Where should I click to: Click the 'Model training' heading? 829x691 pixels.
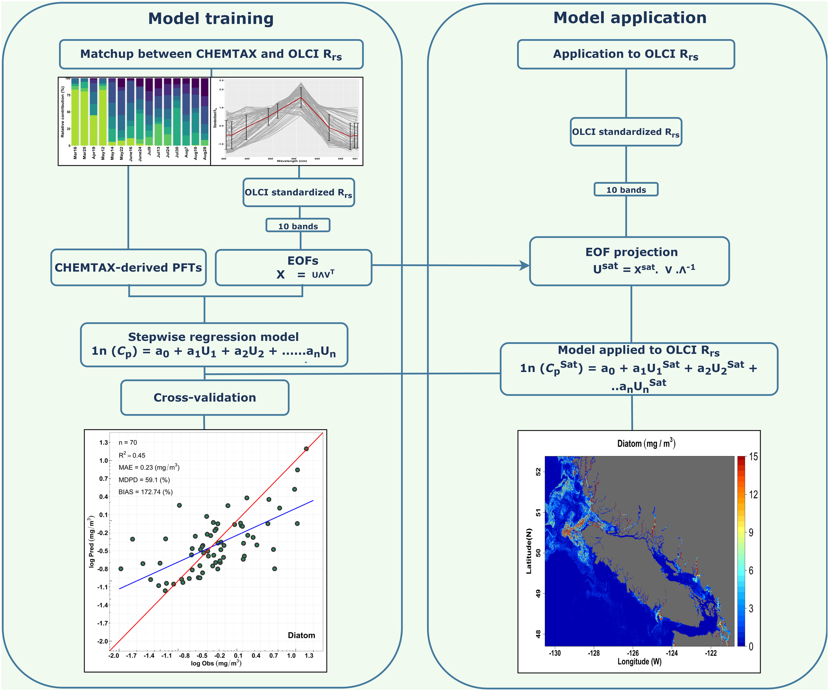coord(211,19)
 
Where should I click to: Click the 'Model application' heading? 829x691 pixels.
coord(630,18)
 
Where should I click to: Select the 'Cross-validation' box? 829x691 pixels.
coord(205,398)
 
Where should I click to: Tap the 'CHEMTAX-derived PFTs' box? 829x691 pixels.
coord(128,268)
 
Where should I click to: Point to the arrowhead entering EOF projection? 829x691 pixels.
coord(525,266)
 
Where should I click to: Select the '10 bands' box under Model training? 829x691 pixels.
coord(298,226)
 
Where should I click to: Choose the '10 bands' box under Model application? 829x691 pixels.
coord(626,189)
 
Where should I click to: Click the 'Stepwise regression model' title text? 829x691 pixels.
coord(213,337)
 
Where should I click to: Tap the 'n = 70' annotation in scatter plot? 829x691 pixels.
coord(128,442)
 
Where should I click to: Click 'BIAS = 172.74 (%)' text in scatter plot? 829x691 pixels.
coord(145,492)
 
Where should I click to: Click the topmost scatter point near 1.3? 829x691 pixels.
coord(306,449)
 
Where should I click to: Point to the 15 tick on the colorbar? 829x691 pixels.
coord(753,457)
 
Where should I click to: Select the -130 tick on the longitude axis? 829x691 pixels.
coord(555,653)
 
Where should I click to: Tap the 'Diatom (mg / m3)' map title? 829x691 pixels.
coord(646,444)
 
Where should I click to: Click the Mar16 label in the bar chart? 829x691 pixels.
coord(75,153)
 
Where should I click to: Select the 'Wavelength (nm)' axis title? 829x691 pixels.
coord(291,161)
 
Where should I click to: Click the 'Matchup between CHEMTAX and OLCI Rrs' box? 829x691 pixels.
coord(211,54)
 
